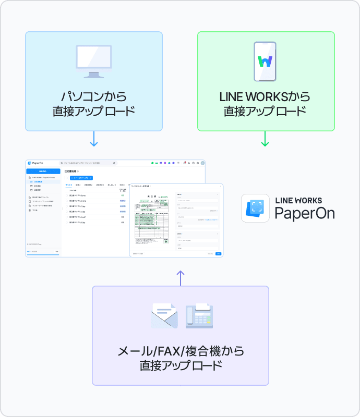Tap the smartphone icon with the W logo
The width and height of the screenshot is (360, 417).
click(265, 62)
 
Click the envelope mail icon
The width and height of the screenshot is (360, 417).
click(164, 315)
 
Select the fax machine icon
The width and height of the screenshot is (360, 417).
click(199, 315)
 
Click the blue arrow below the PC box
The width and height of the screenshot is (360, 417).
click(94, 139)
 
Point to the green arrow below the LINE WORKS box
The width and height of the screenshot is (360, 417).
click(265, 139)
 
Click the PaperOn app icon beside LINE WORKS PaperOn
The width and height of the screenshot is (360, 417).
click(255, 208)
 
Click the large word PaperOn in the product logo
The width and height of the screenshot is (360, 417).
click(304, 213)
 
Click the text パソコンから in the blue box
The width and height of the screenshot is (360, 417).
click(94, 97)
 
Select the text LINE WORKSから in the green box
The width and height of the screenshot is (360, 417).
click(265, 97)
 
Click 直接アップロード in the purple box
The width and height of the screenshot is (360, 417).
click(181, 365)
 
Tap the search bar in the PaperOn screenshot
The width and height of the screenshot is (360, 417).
click(88, 163)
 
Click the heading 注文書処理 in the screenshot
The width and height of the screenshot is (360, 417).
click(70, 171)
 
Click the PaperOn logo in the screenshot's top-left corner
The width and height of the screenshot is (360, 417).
click(36, 163)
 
